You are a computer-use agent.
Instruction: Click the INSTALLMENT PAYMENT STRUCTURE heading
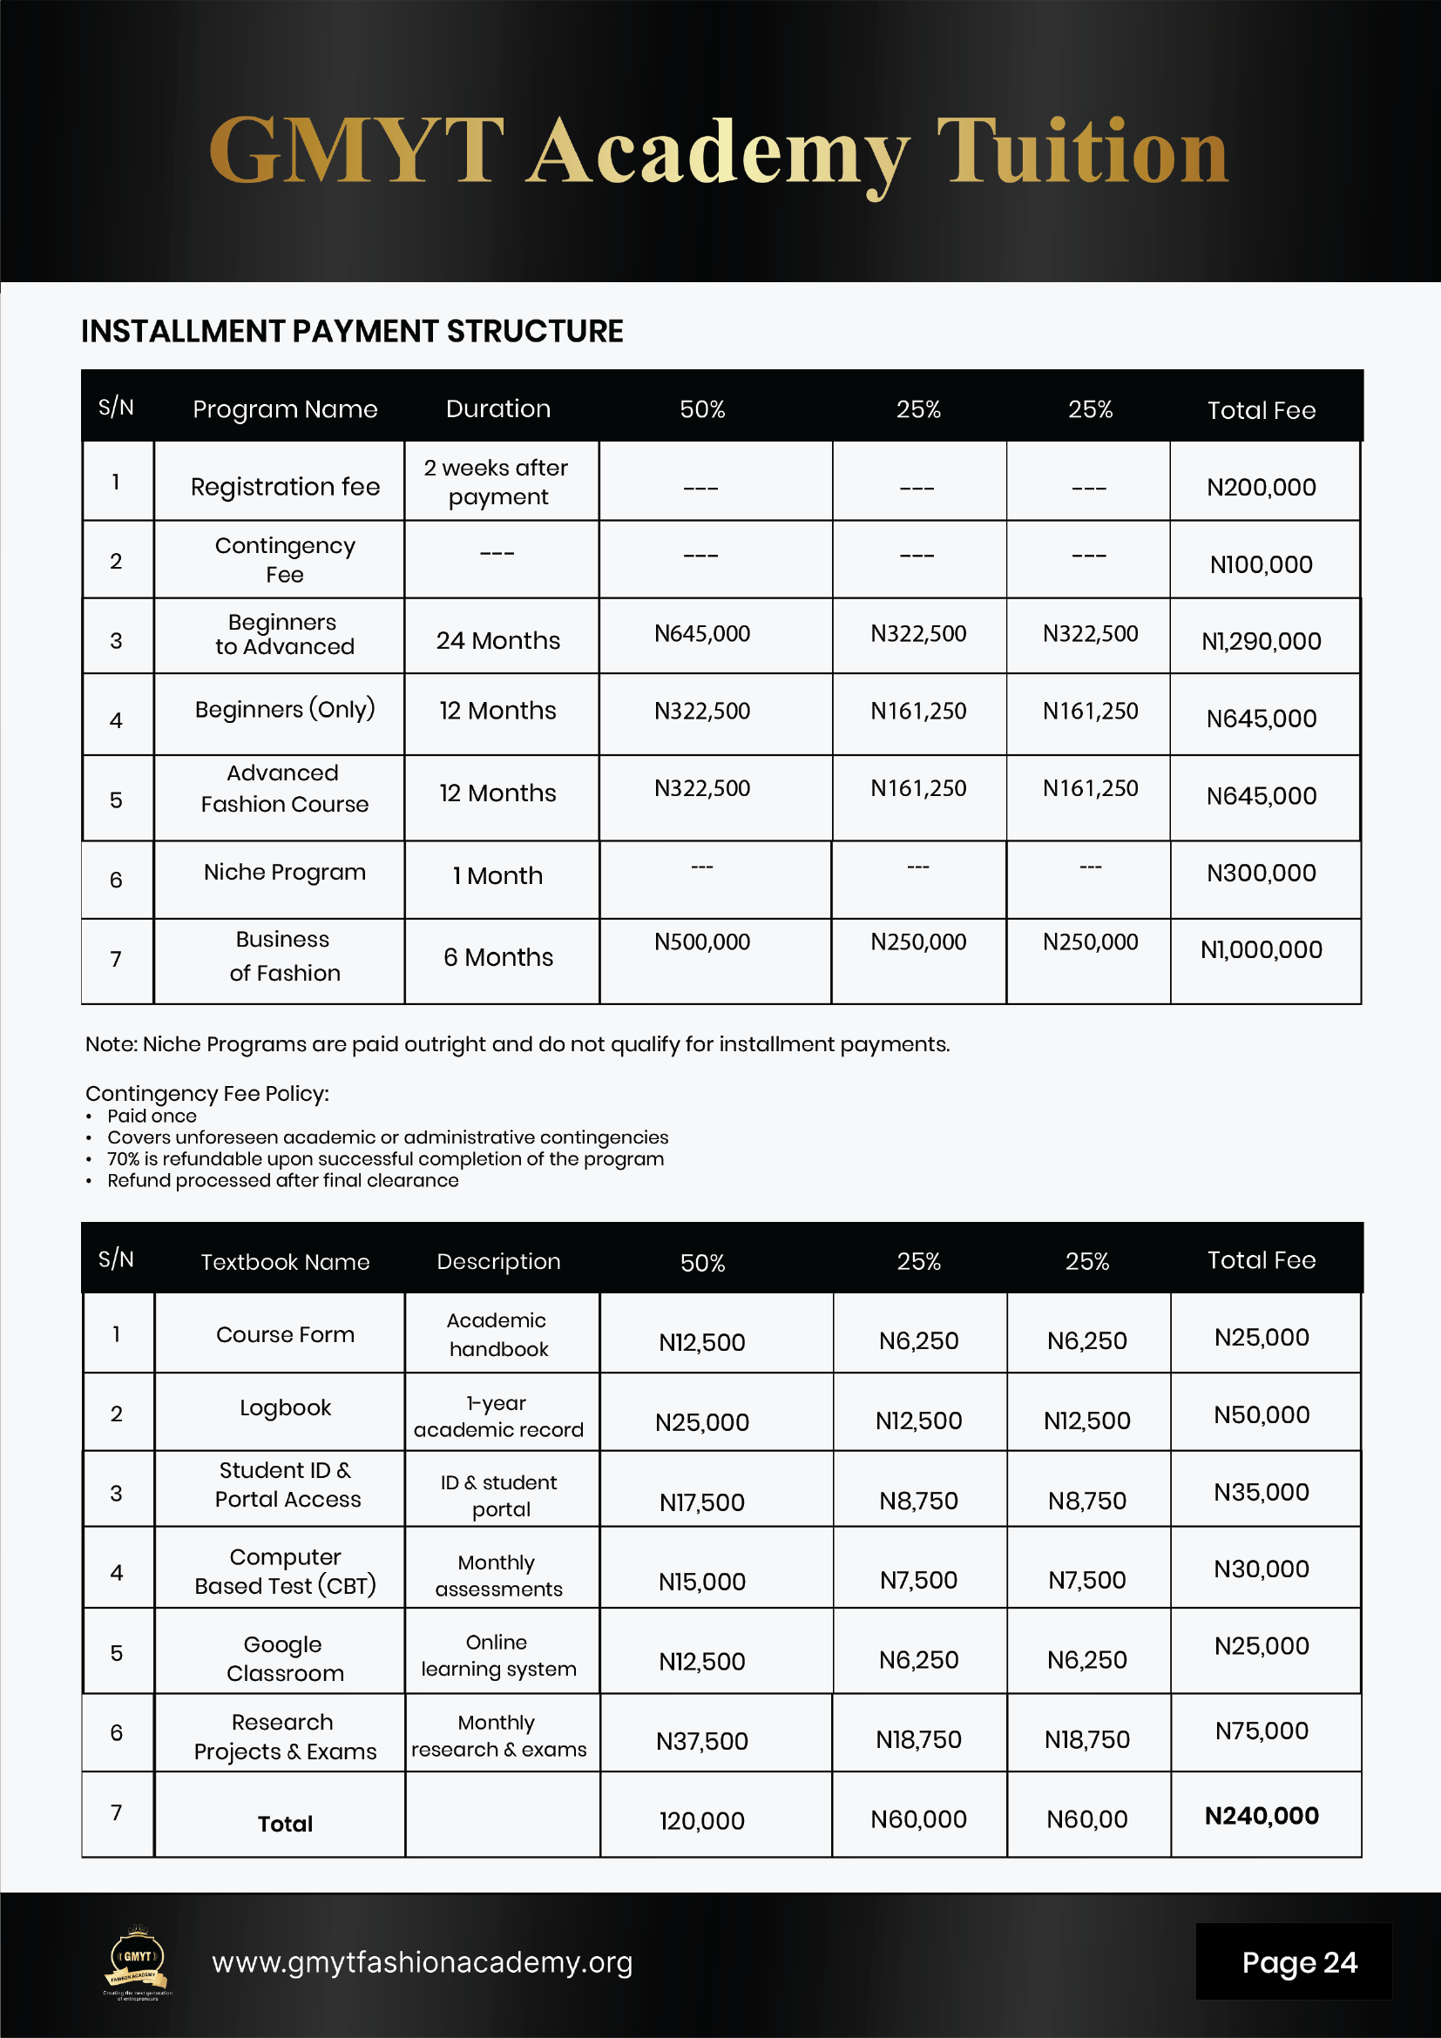click(x=352, y=331)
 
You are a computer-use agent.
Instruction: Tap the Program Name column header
click(x=285, y=409)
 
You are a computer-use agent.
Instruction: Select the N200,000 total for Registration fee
click(x=1261, y=488)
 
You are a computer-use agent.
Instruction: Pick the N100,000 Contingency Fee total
click(x=1261, y=564)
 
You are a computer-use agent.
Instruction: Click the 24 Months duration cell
click(x=498, y=641)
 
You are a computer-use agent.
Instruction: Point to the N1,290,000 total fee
click(x=1261, y=641)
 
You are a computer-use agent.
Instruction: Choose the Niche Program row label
click(x=285, y=873)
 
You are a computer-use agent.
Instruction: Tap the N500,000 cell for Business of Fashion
click(x=702, y=941)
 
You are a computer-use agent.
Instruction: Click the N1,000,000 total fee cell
click(x=1261, y=950)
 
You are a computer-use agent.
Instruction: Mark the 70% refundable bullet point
click(x=385, y=1159)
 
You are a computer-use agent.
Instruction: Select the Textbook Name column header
click(x=285, y=1262)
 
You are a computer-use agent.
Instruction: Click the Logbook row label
click(x=285, y=1407)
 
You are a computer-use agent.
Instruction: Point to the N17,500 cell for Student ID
click(x=702, y=1502)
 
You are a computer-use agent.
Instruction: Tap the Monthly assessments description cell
click(x=498, y=1576)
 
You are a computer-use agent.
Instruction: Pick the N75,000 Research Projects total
click(x=1261, y=1731)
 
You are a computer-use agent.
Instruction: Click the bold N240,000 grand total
click(x=1261, y=1816)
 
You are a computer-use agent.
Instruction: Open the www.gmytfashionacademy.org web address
click(x=422, y=1962)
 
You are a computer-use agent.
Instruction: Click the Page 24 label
click(x=1299, y=1962)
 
